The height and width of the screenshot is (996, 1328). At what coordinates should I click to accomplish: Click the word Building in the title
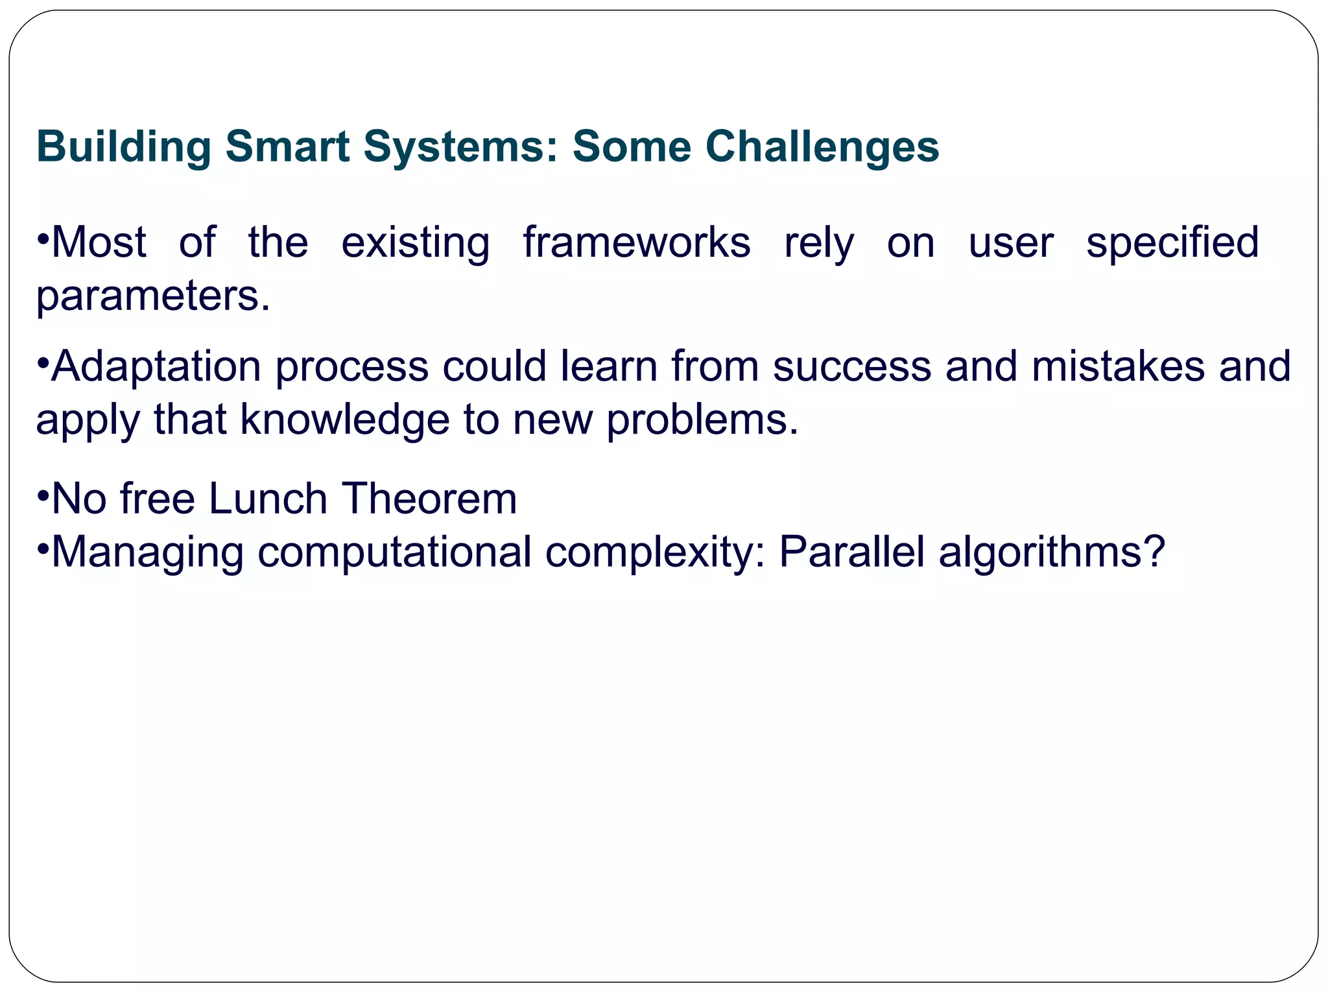click(124, 147)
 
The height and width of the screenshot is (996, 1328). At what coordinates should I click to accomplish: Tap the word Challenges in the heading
click(822, 147)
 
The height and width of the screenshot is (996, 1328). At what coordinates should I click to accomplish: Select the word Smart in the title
click(287, 147)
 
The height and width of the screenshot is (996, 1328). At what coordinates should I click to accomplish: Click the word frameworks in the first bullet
click(636, 243)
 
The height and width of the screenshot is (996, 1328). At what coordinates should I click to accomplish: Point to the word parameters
click(152, 297)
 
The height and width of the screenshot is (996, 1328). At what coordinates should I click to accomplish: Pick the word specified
click(1172, 243)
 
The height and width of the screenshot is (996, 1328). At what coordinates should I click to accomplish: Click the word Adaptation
click(156, 367)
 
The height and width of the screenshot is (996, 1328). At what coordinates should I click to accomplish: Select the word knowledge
click(344, 419)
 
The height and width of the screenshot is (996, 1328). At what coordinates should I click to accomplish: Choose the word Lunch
click(268, 499)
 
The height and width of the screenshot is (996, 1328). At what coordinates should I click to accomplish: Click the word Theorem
click(429, 499)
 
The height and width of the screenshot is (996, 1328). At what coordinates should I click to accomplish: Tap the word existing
click(415, 243)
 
